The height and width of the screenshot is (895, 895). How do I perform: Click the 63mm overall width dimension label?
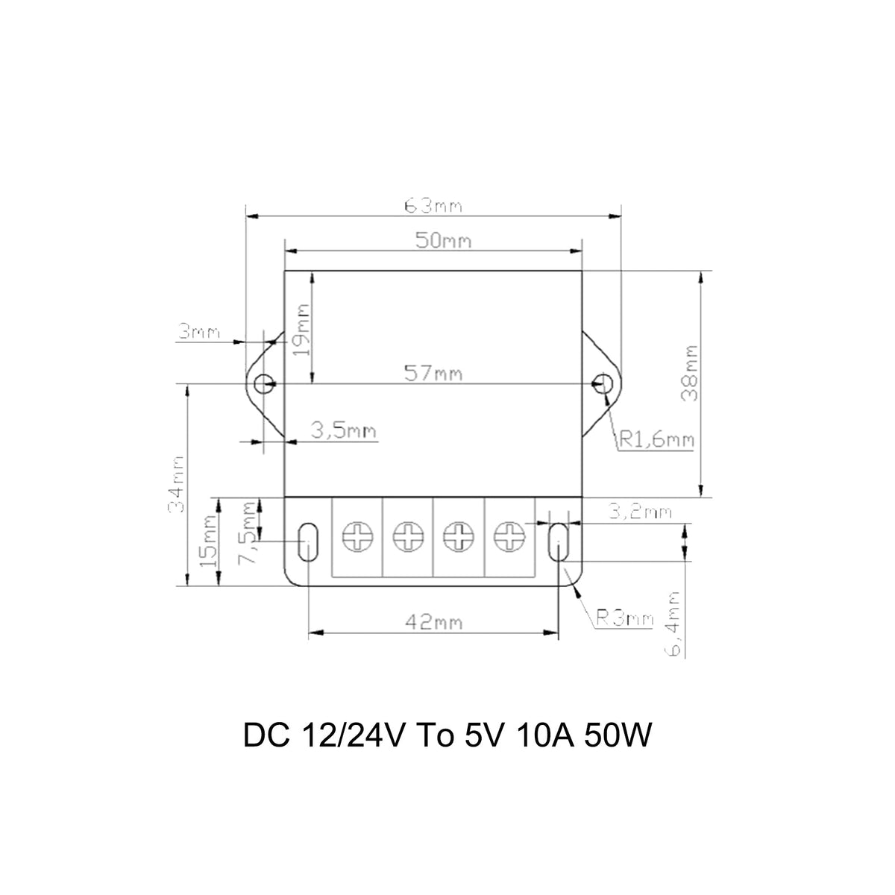coord(433,206)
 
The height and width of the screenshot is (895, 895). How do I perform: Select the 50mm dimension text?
coord(443,241)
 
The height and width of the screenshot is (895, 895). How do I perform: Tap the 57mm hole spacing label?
coord(433,374)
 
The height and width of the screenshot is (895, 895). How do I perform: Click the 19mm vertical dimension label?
coord(302,330)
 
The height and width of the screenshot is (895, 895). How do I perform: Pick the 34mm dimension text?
coord(176,485)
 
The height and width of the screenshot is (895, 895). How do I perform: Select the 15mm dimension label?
coord(209,540)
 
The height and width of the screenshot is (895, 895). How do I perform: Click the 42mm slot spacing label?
coord(434,622)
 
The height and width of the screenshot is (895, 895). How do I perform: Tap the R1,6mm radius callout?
coord(657,439)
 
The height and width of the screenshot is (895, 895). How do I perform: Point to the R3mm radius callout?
coord(625,618)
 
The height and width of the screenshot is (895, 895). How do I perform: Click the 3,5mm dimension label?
coord(343,431)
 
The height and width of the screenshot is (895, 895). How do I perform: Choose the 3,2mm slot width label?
coord(639,512)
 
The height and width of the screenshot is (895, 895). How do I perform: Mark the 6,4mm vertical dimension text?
coord(673,624)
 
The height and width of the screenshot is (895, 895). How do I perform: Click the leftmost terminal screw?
coord(357,537)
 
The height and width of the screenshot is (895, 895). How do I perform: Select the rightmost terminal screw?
coord(509,537)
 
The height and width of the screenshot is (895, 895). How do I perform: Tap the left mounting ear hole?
coord(264,383)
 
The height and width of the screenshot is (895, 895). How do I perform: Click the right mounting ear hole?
coord(603,383)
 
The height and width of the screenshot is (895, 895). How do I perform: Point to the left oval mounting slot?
coord(308,541)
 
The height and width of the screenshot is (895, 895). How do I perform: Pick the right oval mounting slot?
coord(558,541)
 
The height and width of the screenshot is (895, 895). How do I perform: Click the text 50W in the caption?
coord(618,735)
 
